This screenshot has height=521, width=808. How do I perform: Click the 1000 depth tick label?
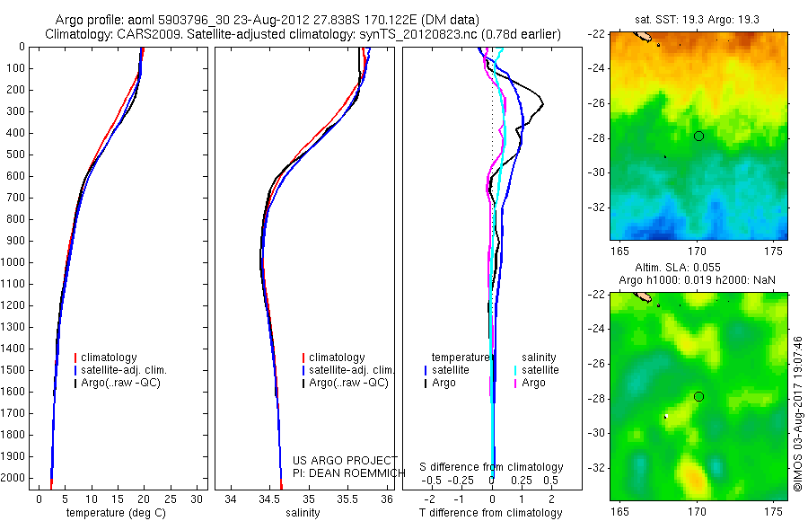14,262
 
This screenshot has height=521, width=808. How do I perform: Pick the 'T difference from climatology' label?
490,513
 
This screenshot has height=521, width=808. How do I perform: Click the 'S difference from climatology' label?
492,467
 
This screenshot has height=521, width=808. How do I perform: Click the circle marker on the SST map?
698,136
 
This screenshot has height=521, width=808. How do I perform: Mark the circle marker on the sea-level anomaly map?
698,396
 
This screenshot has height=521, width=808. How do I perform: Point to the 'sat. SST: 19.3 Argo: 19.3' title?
698,17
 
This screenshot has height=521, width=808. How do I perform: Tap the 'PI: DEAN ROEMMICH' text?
343,472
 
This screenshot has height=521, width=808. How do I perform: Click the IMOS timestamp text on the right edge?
796,413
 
